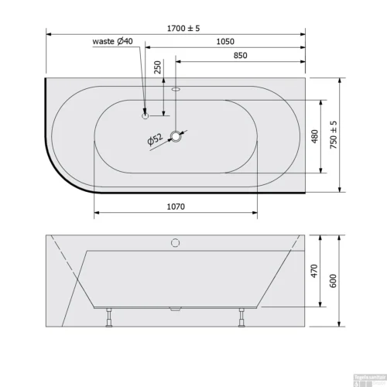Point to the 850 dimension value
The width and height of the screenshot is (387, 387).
pyautogui.click(x=240, y=57)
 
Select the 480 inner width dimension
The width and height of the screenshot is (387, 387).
pyautogui.click(x=314, y=135)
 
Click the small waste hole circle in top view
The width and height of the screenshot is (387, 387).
pyautogui.click(x=145, y=116)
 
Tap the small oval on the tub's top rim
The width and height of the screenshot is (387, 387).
pyautogui.click(x=176, y=87)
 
